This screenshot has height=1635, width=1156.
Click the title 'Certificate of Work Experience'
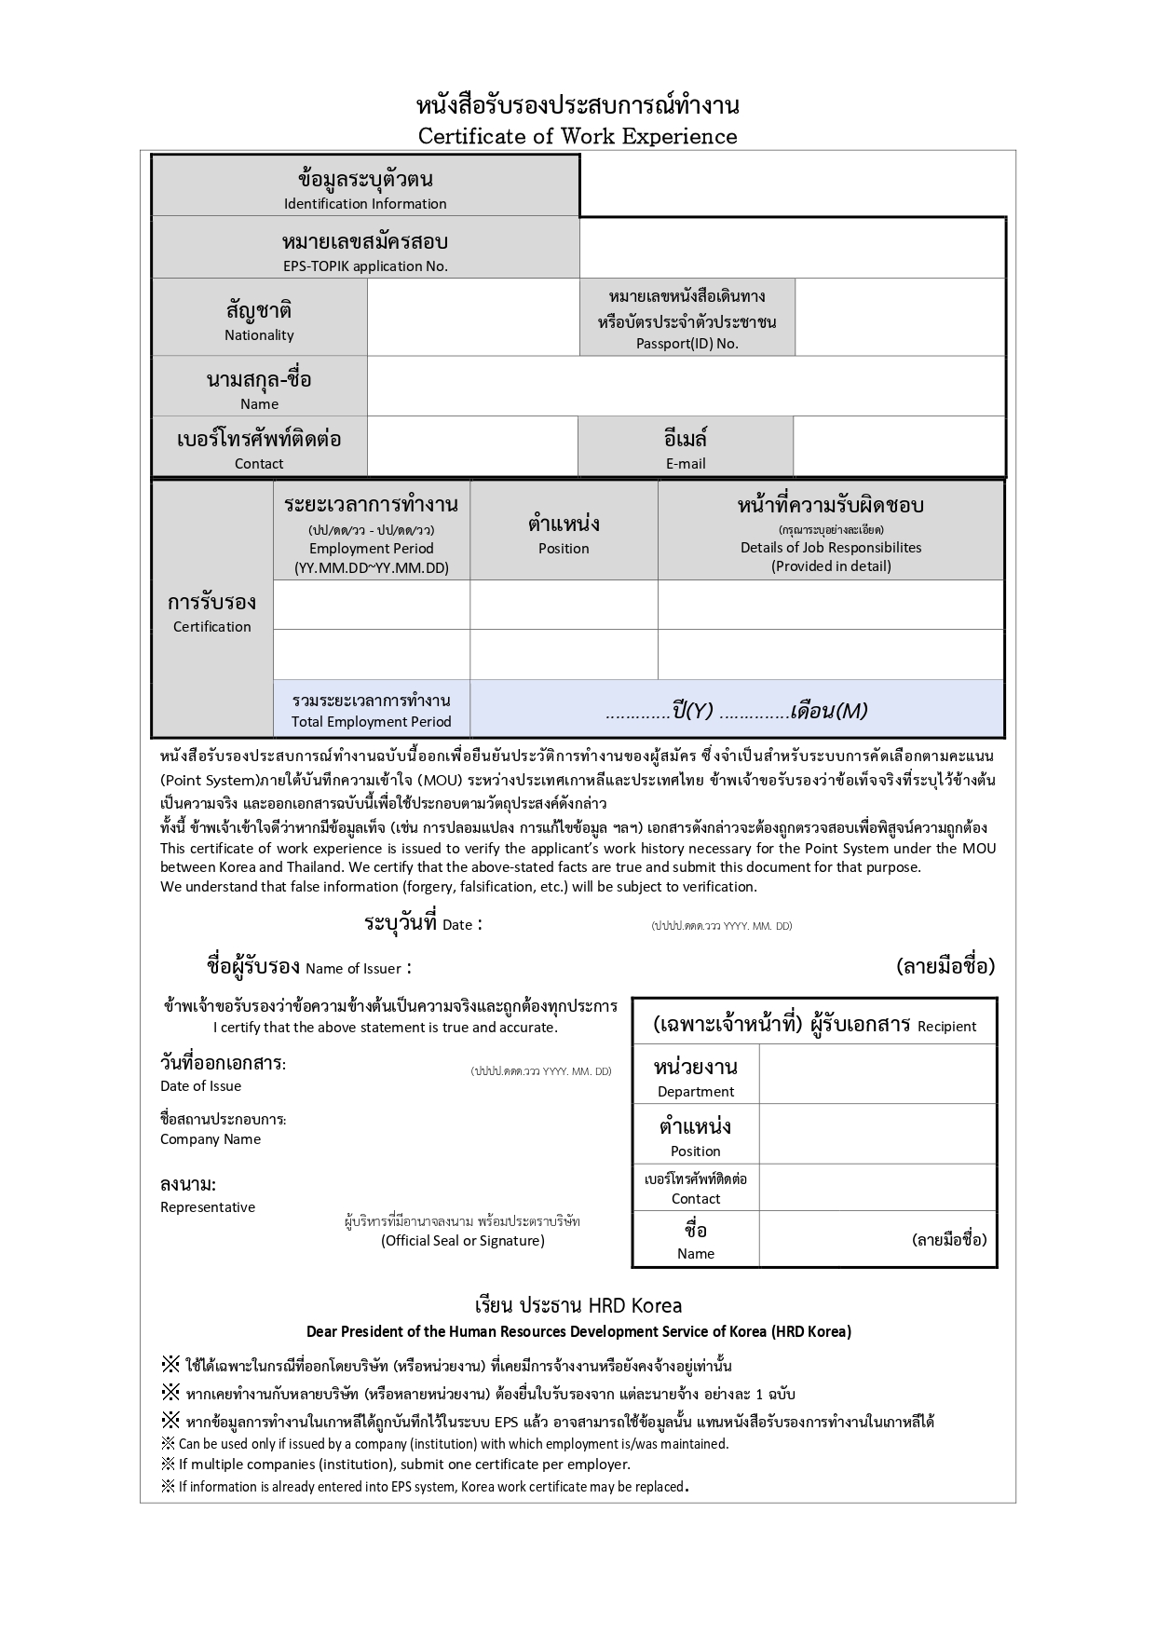[577, 136]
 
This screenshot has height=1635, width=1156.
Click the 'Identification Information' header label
[365, 203]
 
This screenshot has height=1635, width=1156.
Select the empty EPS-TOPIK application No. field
[792, 248]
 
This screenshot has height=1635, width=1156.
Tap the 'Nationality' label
[259, 334]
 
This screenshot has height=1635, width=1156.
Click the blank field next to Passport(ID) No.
[900, 318]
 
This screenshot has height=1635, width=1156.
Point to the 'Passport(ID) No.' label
[687, 343]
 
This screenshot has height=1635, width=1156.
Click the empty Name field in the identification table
[686, 387]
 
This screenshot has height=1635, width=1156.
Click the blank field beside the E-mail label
[899, 447]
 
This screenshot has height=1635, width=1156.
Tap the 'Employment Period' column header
[371, 548]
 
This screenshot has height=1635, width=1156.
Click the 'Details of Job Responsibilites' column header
[831, 547]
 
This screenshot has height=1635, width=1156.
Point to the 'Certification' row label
[212, 626]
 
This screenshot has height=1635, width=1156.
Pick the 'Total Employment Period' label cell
[371, 721]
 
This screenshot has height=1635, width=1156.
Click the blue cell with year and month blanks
[736, 711]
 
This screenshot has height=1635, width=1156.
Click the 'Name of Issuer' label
[353, 968]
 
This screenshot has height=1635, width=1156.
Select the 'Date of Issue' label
[200, 1085]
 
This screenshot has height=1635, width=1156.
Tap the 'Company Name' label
[211, 1138]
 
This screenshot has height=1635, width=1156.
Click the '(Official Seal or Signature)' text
[463, 1240]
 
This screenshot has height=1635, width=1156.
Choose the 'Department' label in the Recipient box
[696, 1091]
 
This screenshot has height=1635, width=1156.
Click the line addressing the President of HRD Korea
[578, 1331]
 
